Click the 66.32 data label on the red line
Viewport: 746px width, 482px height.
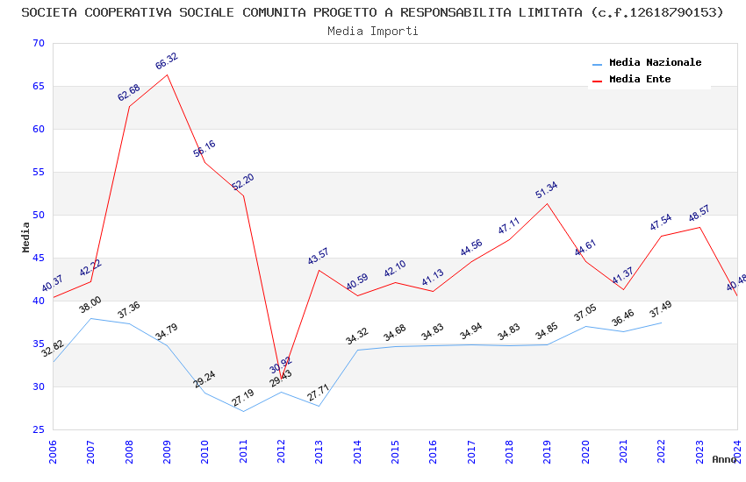[166, 60]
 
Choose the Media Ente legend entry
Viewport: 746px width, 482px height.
[640, 79]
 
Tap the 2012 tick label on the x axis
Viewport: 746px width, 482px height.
[281, 450]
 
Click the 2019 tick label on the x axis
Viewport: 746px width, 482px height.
[547, 450]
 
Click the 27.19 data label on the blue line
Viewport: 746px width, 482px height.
[242, 398]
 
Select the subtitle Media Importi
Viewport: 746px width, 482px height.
[372, 31]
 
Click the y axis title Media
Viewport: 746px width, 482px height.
[26, 237]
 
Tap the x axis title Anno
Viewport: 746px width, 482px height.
[724, 459]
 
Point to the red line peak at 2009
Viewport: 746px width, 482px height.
[167, 74]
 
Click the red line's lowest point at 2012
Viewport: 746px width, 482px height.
[281, 379]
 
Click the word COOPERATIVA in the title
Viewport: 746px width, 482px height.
[134, 12]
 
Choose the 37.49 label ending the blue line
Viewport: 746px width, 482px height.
[661, 310]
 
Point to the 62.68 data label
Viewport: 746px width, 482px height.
[128, 93]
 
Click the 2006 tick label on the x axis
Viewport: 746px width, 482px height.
[53, 450]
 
